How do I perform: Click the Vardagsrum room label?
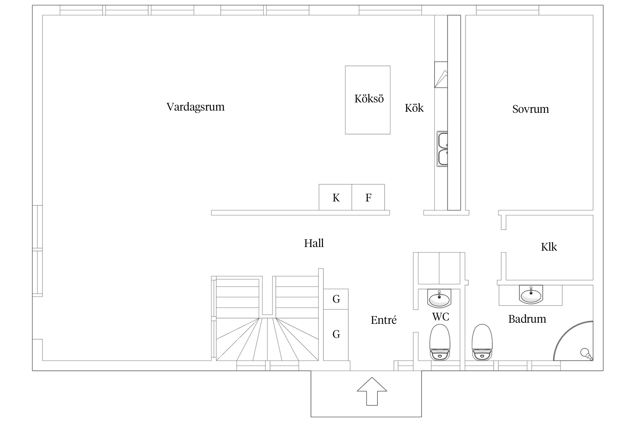196,107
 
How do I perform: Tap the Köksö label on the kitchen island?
369,99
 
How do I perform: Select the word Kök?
414,108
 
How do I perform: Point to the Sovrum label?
530,109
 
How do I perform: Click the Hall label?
314,243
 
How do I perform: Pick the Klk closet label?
549,247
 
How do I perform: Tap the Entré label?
384,320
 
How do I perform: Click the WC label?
441,317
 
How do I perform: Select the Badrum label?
527,319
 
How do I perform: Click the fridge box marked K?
335,197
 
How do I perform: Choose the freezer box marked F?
368,197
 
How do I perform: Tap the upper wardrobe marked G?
336,299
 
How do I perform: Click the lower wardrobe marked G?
336,335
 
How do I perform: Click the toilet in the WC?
440,342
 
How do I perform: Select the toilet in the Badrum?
482,342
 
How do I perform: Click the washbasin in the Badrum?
531,295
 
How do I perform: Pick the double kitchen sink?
442,149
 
